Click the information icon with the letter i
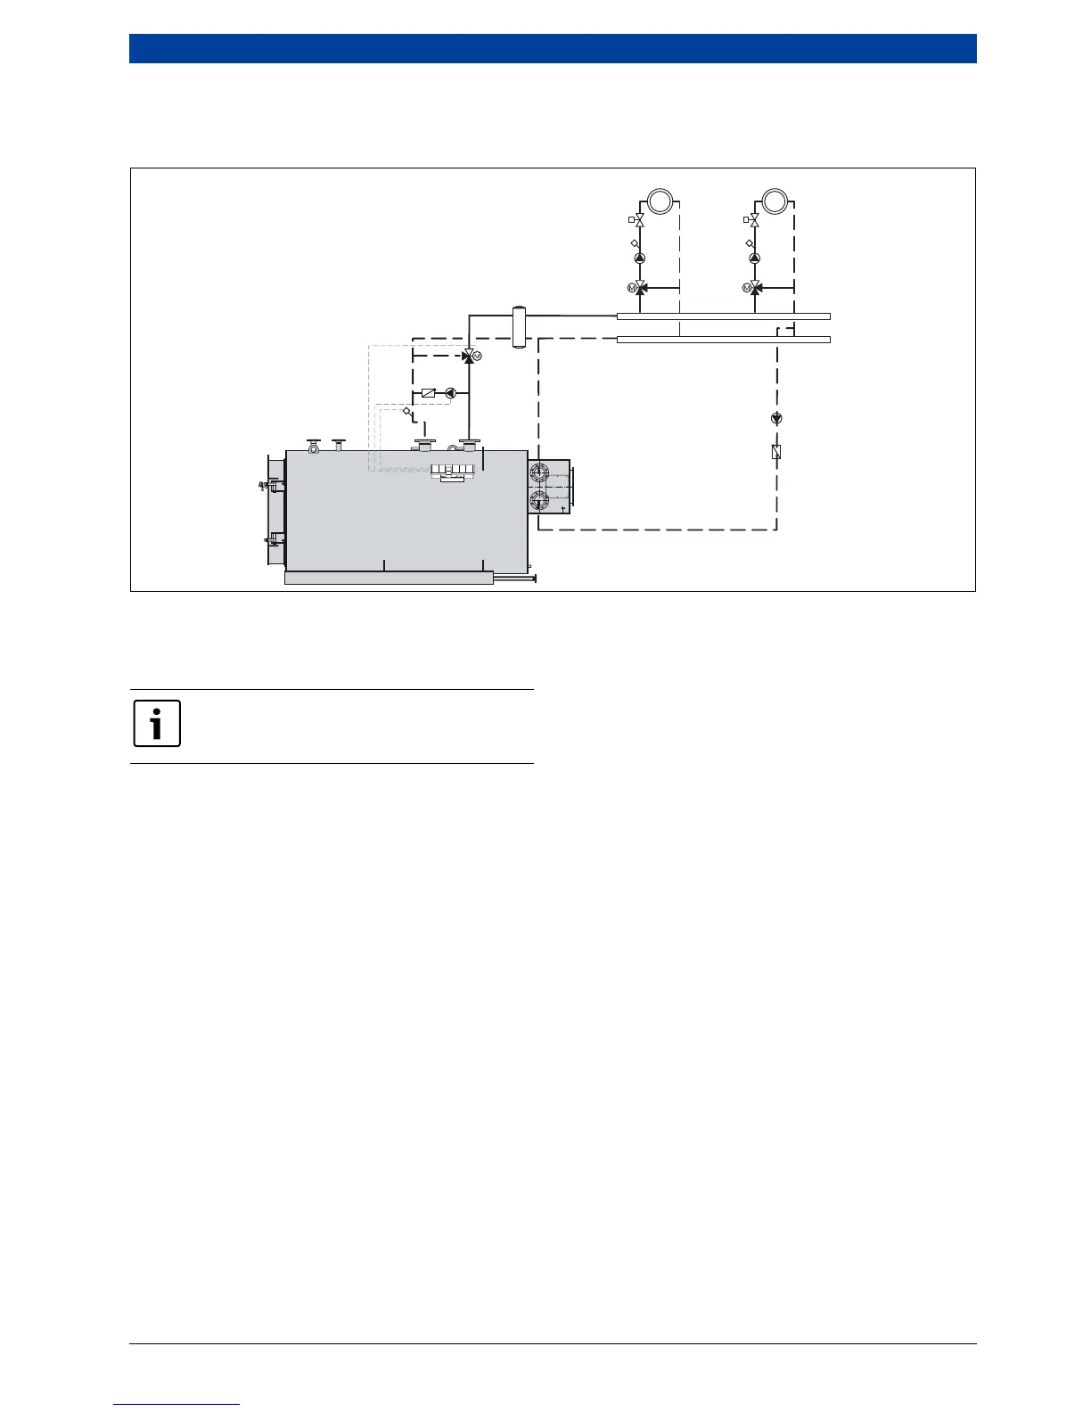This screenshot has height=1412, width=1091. click(157, 723)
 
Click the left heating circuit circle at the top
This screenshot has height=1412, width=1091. click(660, 200)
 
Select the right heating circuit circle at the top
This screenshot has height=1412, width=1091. click(775, 200)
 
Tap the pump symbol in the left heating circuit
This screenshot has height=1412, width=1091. click(640, 259)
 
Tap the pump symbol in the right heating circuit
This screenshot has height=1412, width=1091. click(755, 259)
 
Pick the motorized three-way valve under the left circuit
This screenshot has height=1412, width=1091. click(640, 288)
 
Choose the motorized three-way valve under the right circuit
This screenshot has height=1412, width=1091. click(755, 288)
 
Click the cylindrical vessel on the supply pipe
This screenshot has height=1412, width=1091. click(519, 327)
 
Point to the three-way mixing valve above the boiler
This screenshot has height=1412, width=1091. click(469, 357)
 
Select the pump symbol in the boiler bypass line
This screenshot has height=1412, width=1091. click(450, 393)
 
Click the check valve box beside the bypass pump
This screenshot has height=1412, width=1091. click(428, 393)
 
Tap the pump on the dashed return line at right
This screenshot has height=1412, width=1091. click(776, 418)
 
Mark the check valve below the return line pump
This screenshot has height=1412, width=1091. click(776, 452)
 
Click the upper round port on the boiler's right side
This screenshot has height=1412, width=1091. click(539, 473)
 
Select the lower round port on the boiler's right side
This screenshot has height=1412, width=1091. click(539, 500)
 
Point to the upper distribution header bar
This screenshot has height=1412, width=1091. click(723, 316)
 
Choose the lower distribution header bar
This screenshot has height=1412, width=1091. click(723, 340)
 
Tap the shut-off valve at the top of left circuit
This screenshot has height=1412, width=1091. click(640, 220)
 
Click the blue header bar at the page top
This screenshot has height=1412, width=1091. click(553, 49)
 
